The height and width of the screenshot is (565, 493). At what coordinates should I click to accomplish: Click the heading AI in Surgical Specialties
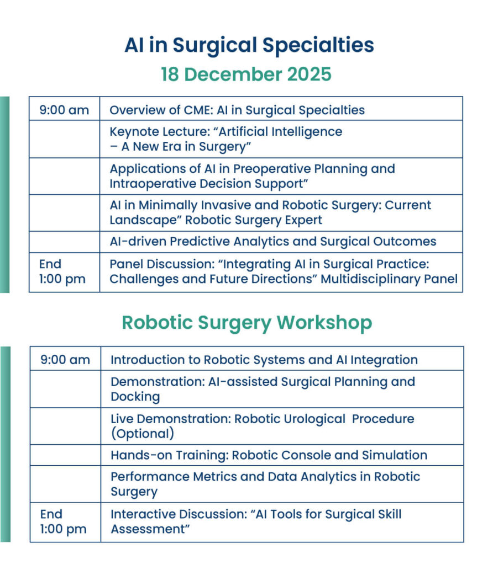(x=249, y=46)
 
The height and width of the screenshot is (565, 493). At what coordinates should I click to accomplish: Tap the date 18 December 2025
(x=246, y=74)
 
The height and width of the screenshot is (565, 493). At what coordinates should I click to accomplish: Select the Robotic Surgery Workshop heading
(x=247, y=323)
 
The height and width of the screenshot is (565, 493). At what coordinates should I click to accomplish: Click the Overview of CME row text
(x=237, y=110)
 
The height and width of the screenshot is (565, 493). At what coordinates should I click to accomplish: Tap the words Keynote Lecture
(x=160, y=132)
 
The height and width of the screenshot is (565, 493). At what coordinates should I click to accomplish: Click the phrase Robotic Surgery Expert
(x=254, y=220)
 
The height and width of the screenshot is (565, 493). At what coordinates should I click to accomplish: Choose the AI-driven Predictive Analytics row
(x=273, y=241)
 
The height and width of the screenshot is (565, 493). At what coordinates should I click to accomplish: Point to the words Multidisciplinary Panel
(x=389, y=279)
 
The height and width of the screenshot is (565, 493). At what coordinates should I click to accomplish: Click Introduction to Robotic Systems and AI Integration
(x=264, y=360)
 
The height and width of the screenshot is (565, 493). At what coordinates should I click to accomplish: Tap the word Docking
(x=135, y=397)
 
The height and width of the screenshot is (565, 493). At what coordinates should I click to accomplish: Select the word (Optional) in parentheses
(x=143, y=434)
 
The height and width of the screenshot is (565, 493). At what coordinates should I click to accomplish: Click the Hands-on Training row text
(x=269, y=455)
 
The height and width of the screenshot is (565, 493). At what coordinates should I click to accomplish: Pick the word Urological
(x=314, y=419)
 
